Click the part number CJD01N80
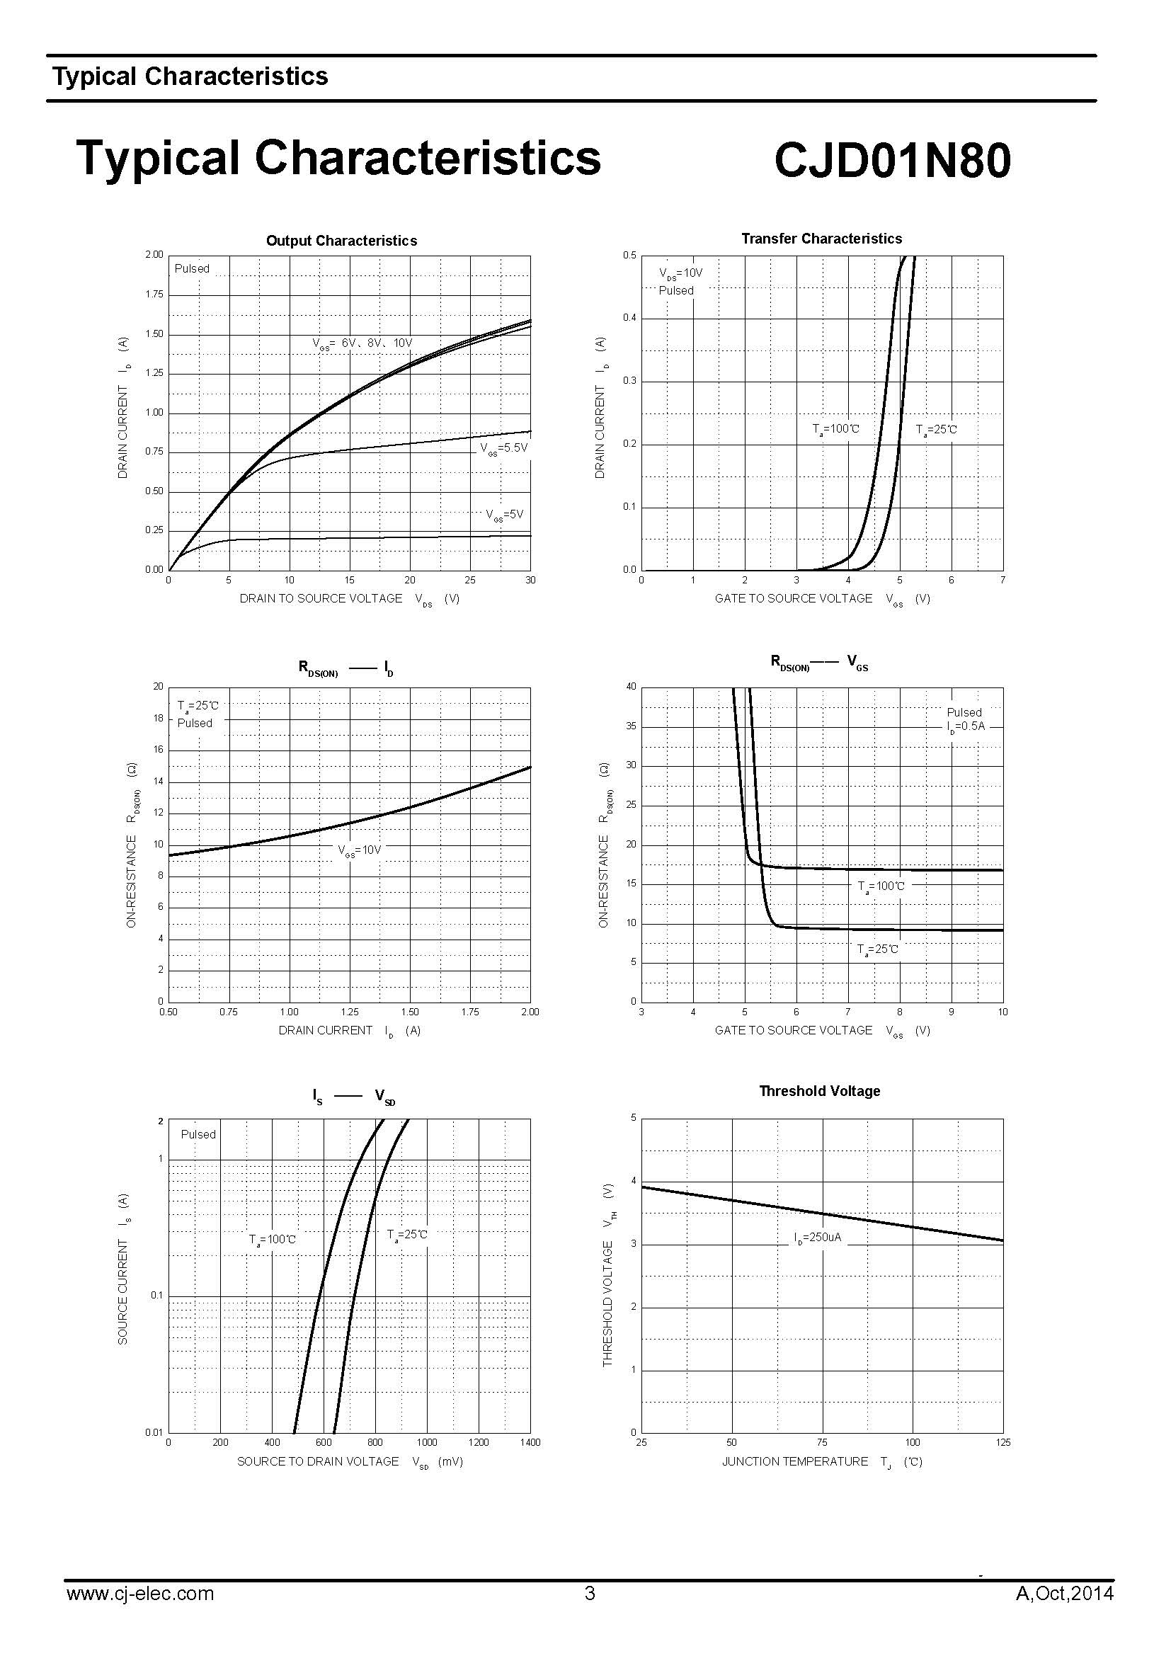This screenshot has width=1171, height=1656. pos(892,159)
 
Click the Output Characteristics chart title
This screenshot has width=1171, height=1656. pos(341,241)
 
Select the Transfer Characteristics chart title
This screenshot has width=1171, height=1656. pos(821,239)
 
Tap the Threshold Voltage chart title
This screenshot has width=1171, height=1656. pos(820,1091)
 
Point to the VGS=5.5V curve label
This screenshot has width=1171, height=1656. pos(504,448)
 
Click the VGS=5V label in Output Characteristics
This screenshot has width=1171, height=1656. pos(504,515)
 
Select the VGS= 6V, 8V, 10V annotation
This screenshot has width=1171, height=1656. pos(362,343)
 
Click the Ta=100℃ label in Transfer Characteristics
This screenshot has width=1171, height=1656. pos(835,429)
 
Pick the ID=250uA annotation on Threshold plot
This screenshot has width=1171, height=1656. pos(818,1238)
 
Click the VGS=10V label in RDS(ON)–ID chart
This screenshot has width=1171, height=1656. pos(359,850)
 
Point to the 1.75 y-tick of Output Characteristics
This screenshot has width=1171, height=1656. pos(155,295)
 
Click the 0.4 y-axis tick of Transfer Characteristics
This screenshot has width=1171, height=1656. pos(630,318)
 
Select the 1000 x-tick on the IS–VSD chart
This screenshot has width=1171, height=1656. pos(427,1442)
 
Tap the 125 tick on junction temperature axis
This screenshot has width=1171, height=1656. pos(1003,1442)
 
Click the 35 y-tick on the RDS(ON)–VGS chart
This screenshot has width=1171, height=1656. pos(632,726)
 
